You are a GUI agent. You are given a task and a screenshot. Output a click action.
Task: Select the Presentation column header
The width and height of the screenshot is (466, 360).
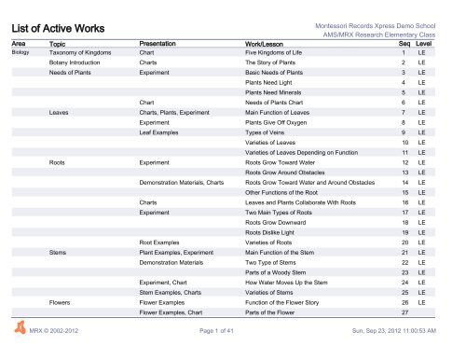tap(164, 44)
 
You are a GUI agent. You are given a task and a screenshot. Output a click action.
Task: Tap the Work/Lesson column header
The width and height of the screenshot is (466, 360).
tap(272, 44)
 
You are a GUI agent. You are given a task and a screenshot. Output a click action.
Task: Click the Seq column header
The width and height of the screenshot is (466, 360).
tap(404, 44)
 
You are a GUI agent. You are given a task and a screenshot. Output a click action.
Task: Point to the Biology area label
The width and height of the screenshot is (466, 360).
tap(21, 54)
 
